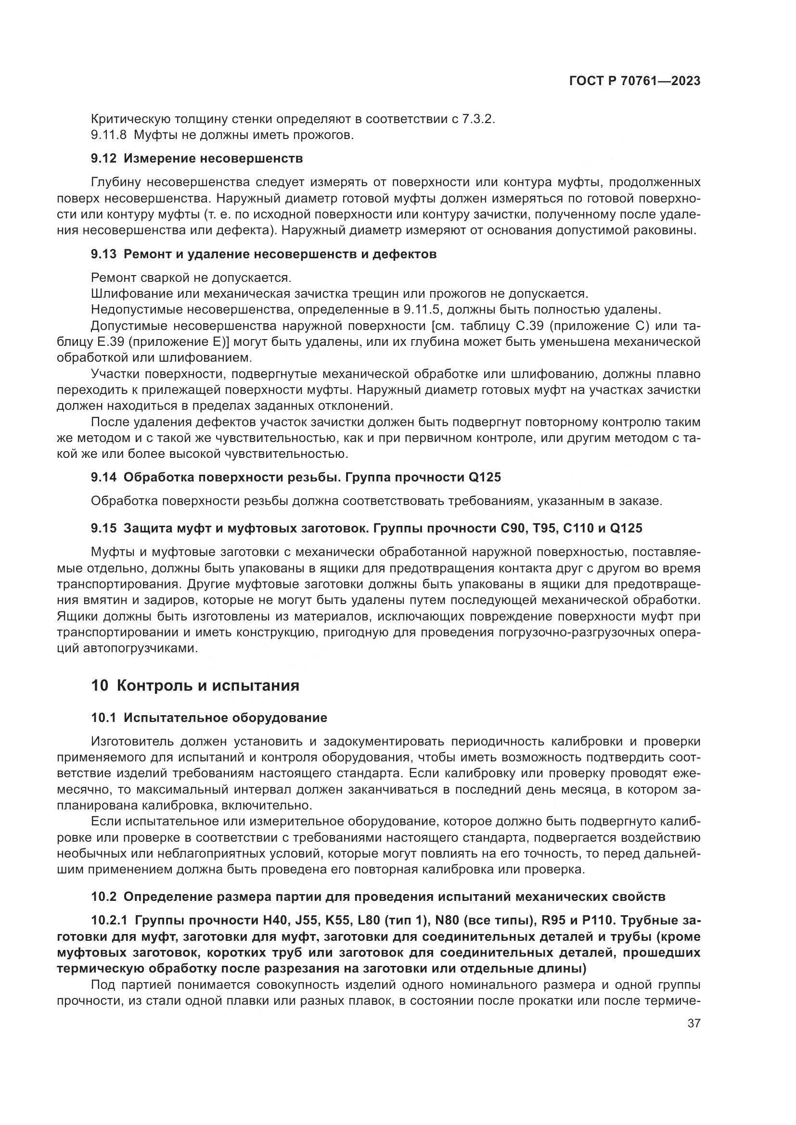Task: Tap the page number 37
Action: pyautogui.click(x=693, y=1023)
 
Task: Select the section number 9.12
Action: pyautogui.click(x=103, y=159)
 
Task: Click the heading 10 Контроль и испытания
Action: pyautogui.click(x=195, y=685)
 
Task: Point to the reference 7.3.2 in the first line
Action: pyautogui.click(x=477, y=119)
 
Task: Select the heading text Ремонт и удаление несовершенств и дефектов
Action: pyautogui.click(x=280, y=254)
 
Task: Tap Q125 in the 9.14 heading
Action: pyautogui.click(x=485, y=477)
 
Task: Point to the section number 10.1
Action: pyautogui.click(x=103, y=718)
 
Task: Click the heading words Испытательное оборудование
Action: pyautogui.click(x=225, y=718)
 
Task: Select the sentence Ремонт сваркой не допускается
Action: pyautogui.click(x=191, y=278)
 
